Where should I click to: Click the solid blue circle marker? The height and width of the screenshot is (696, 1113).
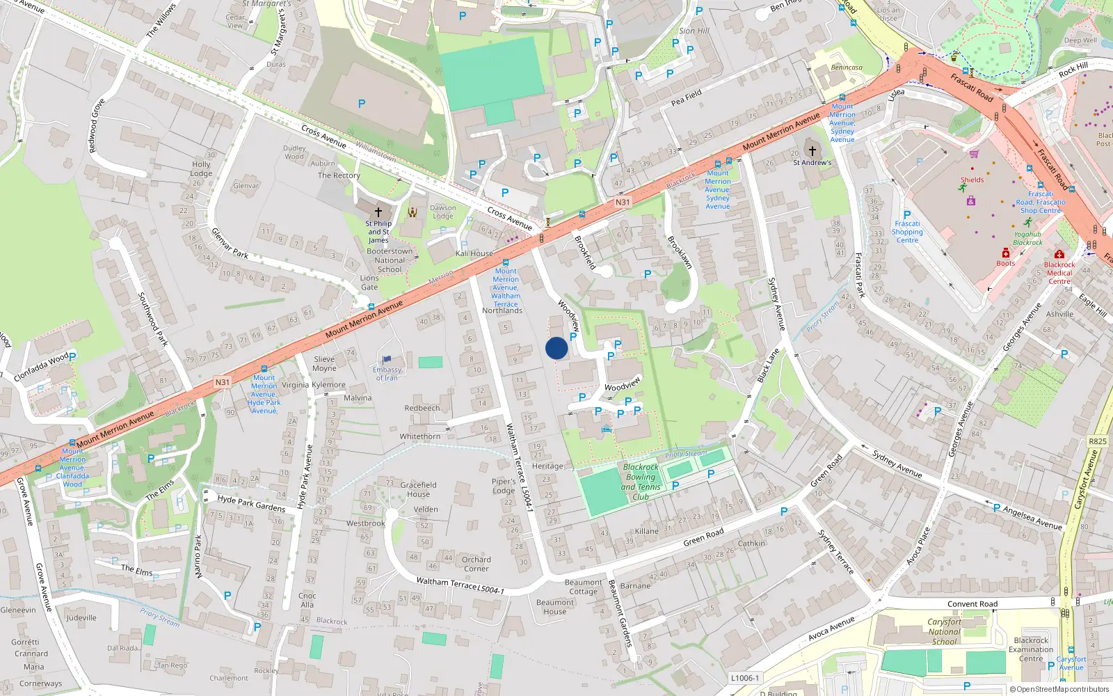556,348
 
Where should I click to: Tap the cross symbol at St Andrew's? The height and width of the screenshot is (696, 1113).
812,150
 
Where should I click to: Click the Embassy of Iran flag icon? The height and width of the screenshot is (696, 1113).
387,359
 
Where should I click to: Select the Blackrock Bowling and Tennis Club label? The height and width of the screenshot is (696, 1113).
641,482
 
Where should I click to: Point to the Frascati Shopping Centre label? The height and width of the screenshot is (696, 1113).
907,232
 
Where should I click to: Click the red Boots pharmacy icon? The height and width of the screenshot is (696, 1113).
1006,253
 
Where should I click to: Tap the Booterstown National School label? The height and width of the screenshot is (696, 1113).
390,260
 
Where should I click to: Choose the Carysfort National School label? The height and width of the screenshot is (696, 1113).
944,632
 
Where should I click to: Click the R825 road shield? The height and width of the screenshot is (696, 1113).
1097,441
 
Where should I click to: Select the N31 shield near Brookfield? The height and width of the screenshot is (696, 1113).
623,202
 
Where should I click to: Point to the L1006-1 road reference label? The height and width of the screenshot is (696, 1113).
745,677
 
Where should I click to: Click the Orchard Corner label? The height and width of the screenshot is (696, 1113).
476,564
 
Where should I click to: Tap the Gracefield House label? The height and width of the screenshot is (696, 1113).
418,489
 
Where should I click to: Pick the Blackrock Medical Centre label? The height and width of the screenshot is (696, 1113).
1059,273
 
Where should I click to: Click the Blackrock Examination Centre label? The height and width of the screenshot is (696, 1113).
1031,649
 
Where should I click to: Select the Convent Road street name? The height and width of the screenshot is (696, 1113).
972,604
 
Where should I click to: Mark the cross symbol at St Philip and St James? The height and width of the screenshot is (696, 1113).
378,212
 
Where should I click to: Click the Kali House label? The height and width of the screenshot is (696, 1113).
474,253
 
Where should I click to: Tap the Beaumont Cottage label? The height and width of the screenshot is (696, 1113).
583,587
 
